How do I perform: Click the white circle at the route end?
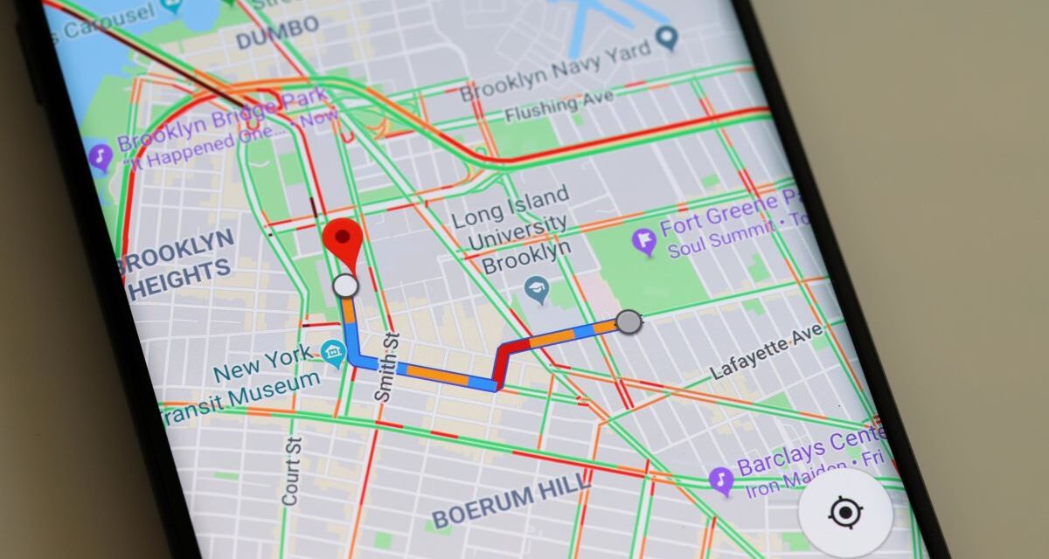(x=346, y=286)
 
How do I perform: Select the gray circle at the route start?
(x=628, y=322)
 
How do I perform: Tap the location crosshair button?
(x=844, y=513)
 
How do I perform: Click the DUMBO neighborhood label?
(x=278, y=33)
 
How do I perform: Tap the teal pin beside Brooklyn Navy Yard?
(x=668, y=37)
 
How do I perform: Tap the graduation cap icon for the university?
(x=537, y=289)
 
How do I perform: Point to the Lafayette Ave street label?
(x=766, y=353)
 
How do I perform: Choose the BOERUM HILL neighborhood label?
(x=511, y=499)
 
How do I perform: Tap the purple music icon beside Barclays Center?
(x=720, y=480)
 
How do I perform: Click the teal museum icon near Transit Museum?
(x=333, y=353)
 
